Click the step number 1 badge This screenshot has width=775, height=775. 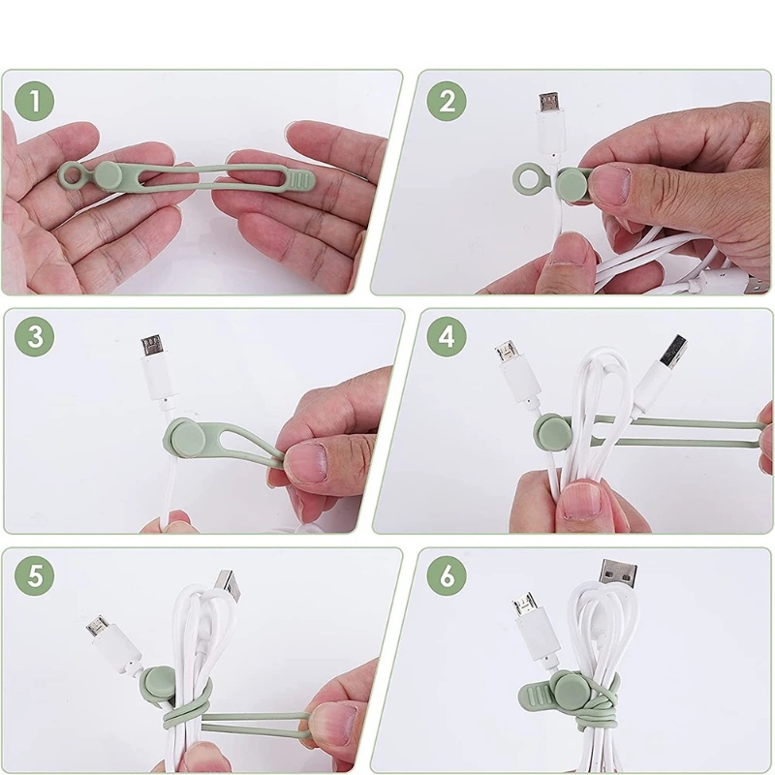tap(35, 101)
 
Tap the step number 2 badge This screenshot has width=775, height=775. tap(447, 101)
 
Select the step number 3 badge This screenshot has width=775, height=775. tap(35, 336)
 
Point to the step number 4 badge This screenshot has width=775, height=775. tap(447, 336)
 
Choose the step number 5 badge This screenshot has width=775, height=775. tap(35, 575)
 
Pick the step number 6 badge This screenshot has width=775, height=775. tap(447, 575)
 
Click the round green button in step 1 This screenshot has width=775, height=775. tap(108, 174)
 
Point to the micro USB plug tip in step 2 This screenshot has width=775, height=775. tap(548, 103)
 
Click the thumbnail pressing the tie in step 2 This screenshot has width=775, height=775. tap(613, 185)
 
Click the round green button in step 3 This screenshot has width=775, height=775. tap(184, 434)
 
